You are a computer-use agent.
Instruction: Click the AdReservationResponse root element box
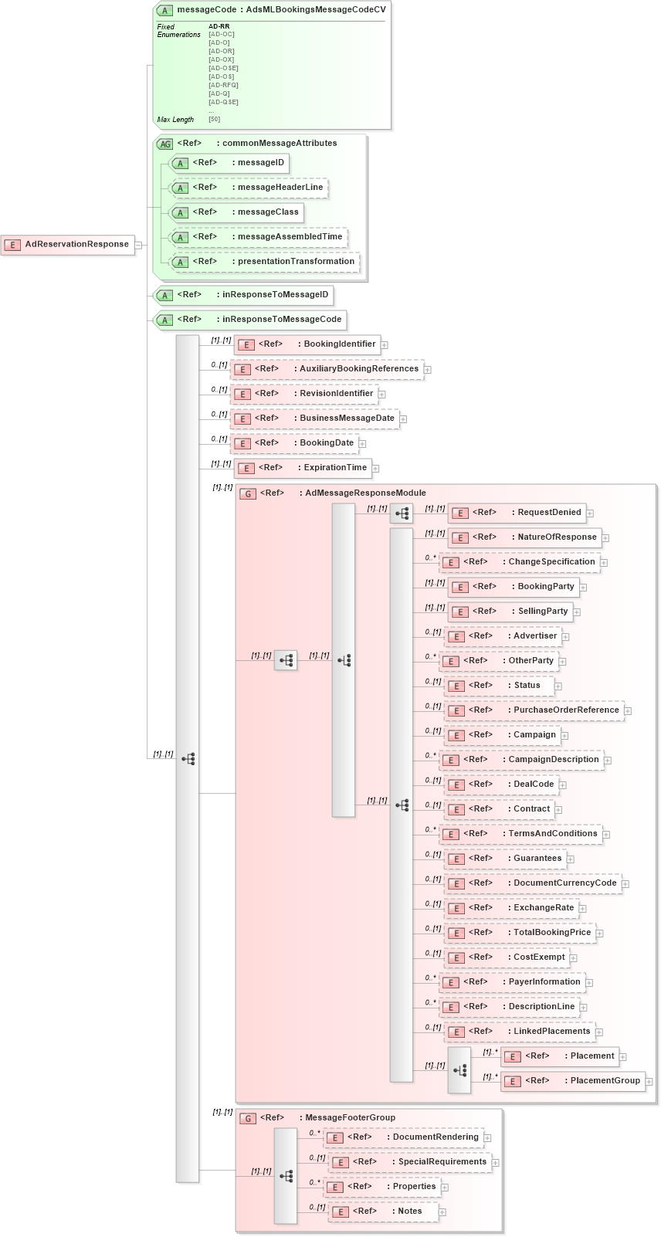[x=68, y=245]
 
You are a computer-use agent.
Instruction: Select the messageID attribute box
[x=229, y=163]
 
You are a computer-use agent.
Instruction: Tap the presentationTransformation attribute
[x=264, y=262]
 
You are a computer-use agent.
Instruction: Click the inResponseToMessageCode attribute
[x=250, y=320]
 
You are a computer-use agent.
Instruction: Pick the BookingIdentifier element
[x=307, y=344]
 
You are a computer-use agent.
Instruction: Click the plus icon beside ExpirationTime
[x=375, y=468]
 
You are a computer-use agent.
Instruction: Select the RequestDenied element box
[x=517, y=513]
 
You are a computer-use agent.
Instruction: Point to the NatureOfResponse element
[x=524, y=537]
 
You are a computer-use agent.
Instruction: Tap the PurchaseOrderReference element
[x=534, y=710]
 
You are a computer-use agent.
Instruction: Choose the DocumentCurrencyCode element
[x=532, y=883]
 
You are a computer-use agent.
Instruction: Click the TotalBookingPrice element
[x=520, y=933]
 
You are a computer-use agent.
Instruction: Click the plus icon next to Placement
[x=623, y=1057]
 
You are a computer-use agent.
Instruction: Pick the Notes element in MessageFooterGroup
[x=383, y=1212]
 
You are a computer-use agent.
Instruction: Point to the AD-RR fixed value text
[x=219, y=26]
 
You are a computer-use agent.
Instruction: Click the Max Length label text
[x=175, y=120]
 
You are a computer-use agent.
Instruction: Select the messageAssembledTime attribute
[x=258, y=237]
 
